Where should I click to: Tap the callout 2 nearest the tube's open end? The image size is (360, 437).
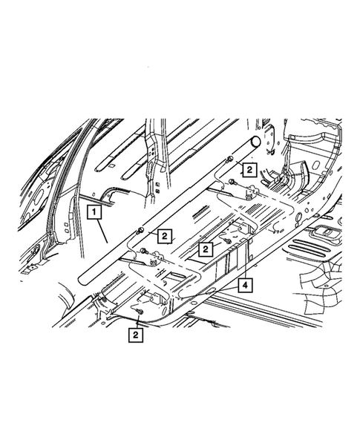(249, 168)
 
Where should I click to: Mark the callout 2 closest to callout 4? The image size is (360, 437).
(203, 251)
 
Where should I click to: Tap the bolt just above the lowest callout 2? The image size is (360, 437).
(140, 315)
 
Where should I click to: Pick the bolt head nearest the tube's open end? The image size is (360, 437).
(230, 160)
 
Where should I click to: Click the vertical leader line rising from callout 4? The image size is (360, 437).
(243, 260)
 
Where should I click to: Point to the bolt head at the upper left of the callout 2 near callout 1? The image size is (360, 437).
(140, 232)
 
